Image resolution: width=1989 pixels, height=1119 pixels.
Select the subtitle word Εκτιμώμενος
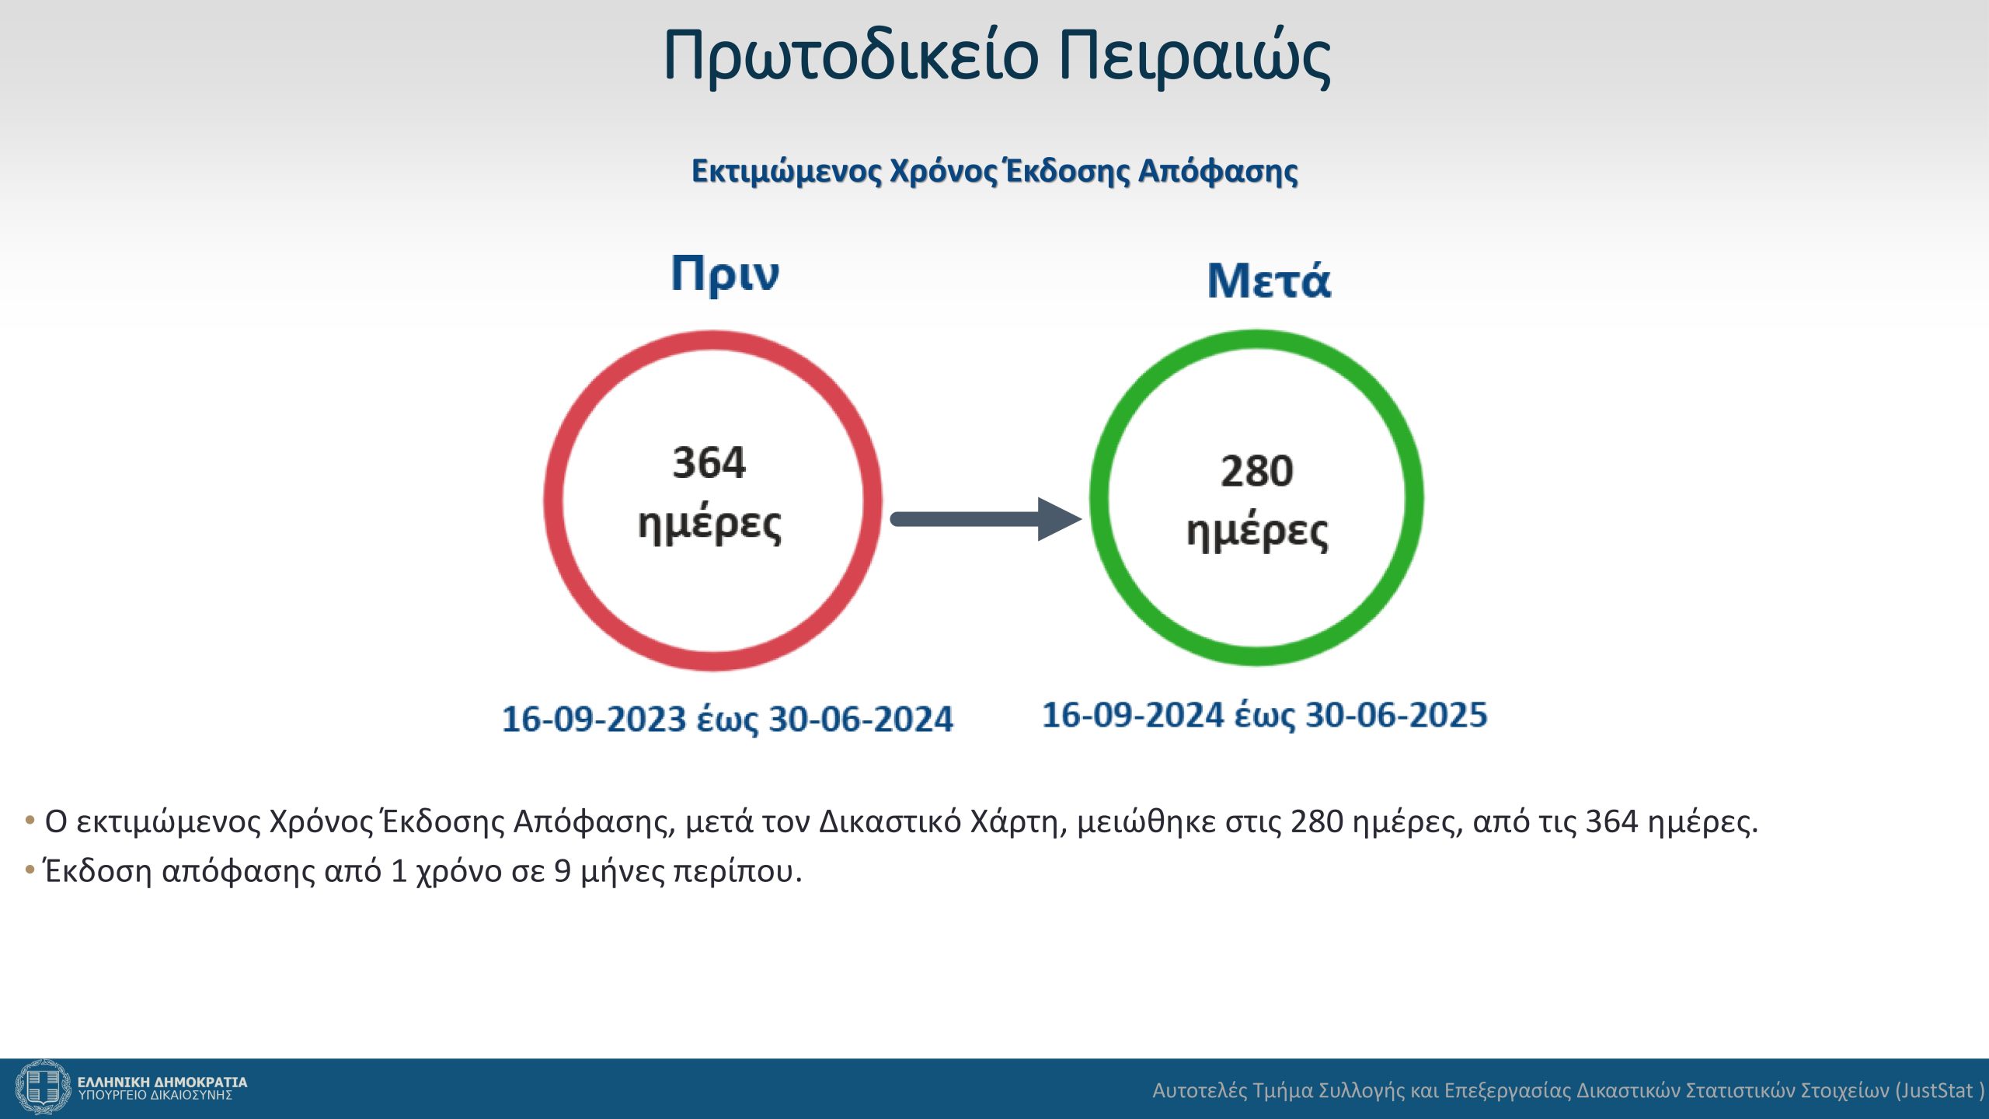click(x=787, y=172)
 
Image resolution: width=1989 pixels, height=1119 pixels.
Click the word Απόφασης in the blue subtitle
click(x=1218, y=172)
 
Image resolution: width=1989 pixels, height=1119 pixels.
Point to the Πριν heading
click(x=725, y=274)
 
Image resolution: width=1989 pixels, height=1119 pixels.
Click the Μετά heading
click(x=1269, y=280)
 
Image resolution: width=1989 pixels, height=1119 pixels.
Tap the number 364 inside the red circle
click(x=709, y=462)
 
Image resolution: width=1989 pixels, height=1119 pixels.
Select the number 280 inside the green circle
click(x=1256, y=471)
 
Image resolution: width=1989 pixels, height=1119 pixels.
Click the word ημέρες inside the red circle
click(x=709, y=524)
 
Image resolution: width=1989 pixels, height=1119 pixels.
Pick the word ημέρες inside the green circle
click(x=1257, y=532)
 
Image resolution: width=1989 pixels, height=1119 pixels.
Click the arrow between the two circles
click(x=985, y=519)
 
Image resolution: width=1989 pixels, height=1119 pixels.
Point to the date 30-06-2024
click(x=861, y=719)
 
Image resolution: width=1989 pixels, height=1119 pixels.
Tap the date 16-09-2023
click(x=594, y=719)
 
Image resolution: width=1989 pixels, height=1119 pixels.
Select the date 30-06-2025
click(x=1396, y=715)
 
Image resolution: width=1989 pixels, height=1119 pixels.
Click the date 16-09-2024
click(x=1133, y=715)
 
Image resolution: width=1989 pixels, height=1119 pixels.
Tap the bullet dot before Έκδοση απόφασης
click(x=30, y=870)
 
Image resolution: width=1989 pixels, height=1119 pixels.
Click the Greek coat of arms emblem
click(x=43, y=1087)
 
